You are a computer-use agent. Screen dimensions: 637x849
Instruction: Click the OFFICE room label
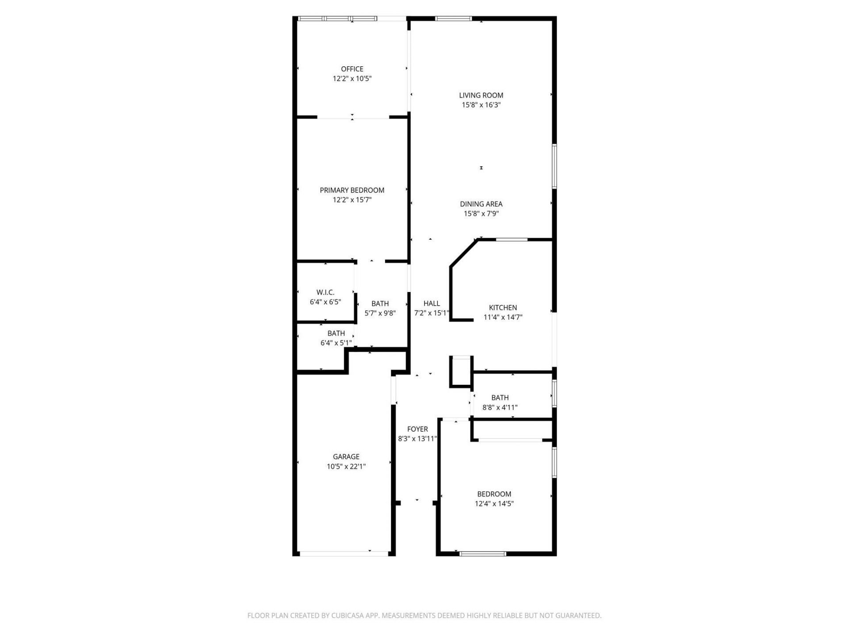point(352,69)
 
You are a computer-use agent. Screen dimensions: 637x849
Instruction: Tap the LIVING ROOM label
point(481,95)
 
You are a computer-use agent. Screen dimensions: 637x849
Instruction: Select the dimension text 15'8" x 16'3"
point(481,105)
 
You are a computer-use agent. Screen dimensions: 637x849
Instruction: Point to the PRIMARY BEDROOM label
point(352,190)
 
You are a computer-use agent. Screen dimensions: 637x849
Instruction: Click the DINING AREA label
point(481,204)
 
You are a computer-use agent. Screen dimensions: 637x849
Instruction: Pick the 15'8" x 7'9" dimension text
point(481,214)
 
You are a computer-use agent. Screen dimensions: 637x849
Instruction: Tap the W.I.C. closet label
point(325,292)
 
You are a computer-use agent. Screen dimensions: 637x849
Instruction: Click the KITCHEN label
point(503,307)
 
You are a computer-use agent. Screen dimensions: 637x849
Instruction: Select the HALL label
point(432,303)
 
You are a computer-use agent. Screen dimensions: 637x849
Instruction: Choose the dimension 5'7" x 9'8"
point(380,313)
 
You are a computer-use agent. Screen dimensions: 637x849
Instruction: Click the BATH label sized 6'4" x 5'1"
point(336,333)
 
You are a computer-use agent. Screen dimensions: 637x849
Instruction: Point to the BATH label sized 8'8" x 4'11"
point(500,398)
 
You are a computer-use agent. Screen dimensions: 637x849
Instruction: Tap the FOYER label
point(417,429)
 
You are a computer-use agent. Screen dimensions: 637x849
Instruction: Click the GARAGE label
point(346,457)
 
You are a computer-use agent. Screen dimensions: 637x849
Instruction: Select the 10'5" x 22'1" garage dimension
point(346,466)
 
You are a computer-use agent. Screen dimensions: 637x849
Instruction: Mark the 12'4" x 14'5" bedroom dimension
point(494,503)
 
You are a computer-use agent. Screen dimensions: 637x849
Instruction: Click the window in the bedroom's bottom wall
point(482,553)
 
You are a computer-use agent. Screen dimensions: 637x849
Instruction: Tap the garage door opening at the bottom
point(344,553)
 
